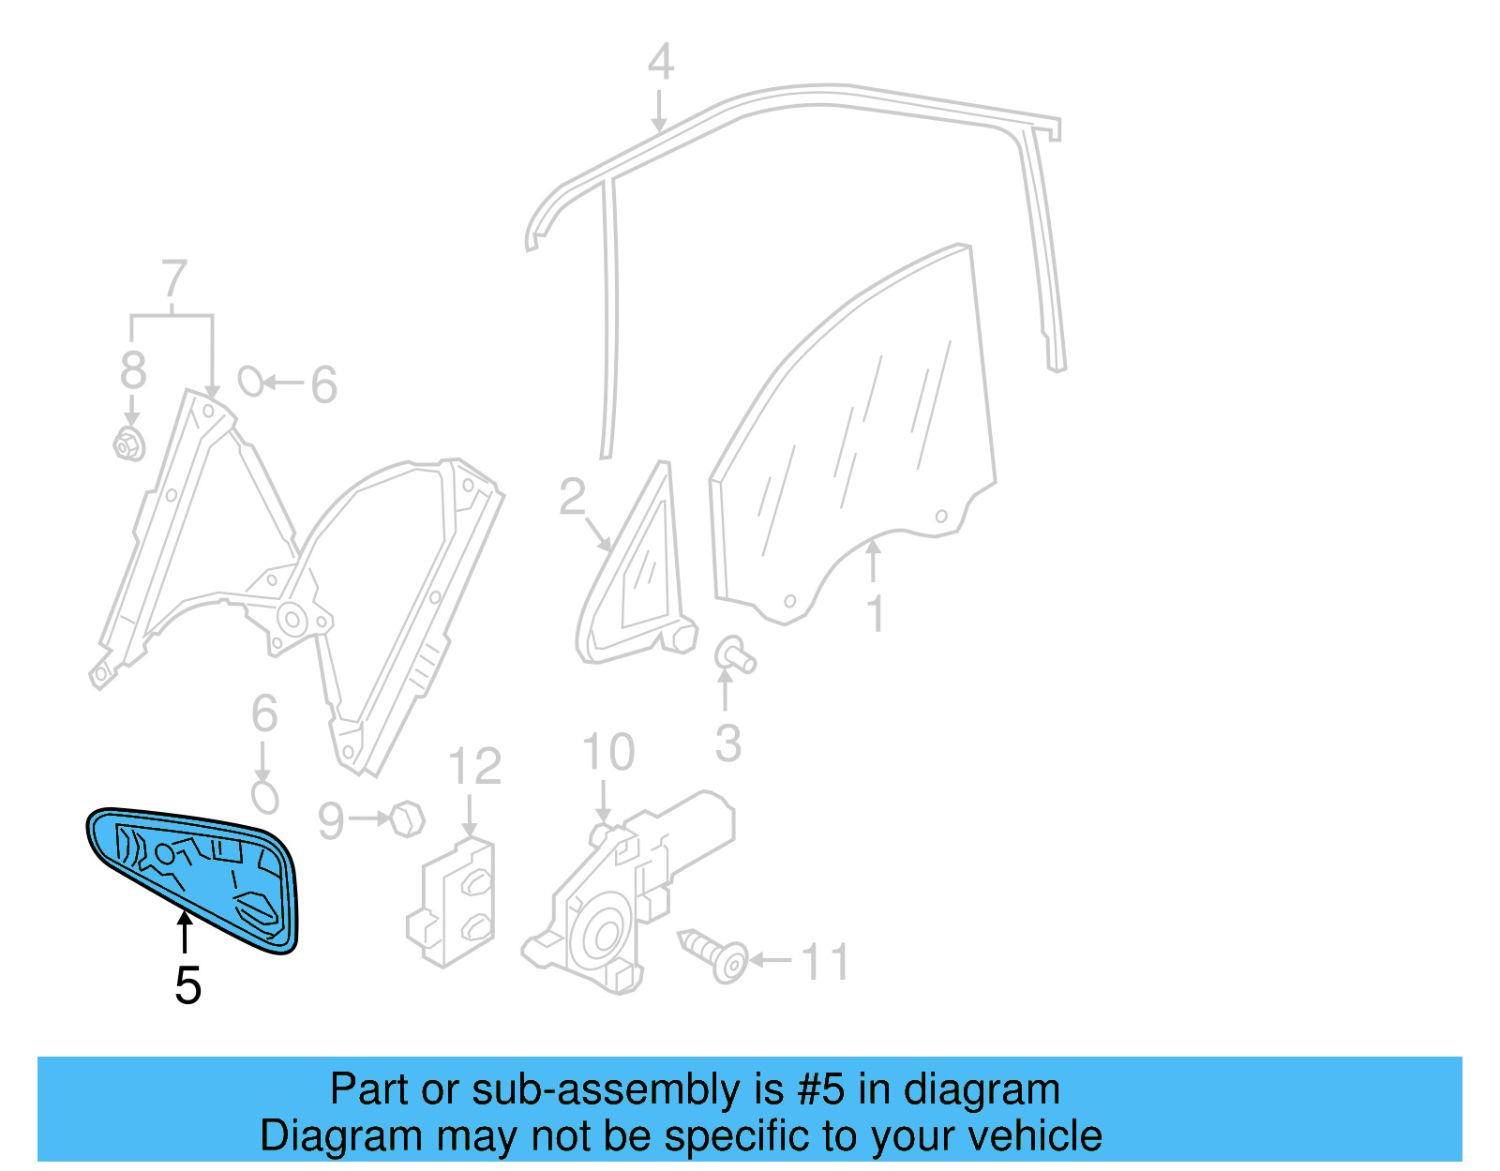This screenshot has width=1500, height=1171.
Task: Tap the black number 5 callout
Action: [187, 986]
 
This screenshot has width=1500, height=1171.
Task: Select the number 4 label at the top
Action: [661, 63]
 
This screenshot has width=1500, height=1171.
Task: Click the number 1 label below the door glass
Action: [875, 615]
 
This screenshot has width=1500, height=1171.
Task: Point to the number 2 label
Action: [572, 497]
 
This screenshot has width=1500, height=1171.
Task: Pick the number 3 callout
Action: [727, 743]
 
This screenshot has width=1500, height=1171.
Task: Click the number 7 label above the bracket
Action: [174, 279]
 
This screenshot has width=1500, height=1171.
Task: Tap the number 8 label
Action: [133, 370]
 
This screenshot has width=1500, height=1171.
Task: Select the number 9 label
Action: [331, 821]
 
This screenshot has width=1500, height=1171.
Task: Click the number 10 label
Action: [607, 753]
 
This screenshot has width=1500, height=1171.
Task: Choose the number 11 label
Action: [825, 963]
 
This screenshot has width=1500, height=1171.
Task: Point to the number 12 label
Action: [474, 768]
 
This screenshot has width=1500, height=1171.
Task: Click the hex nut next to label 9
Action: [407, 819]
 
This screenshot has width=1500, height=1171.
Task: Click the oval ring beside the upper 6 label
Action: [250, 381]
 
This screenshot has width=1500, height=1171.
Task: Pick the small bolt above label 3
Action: [735, 653]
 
